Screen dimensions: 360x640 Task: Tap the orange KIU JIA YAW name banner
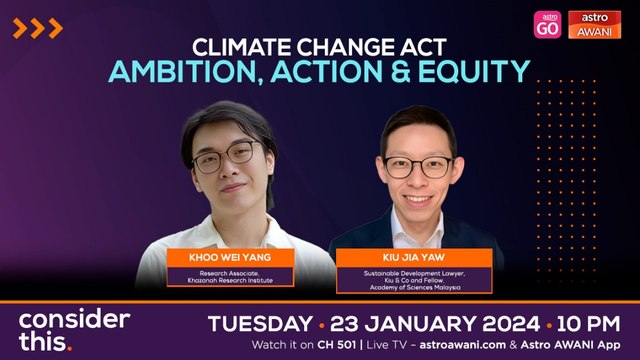click(413, 258)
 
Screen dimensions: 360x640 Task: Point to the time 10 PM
click(593, 324)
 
